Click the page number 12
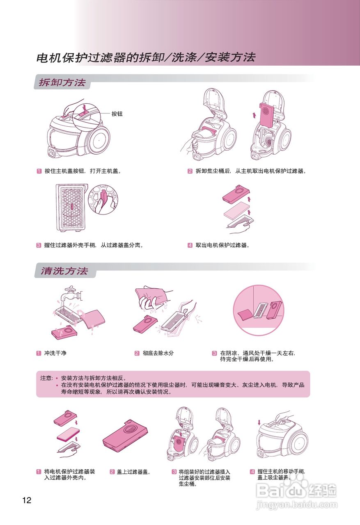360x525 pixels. coord(27,500)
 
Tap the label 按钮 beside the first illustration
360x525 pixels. coord(117,114)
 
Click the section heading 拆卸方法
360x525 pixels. coord(62,82)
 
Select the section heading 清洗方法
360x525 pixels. coord(64,271)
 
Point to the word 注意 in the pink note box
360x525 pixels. coord(46,378)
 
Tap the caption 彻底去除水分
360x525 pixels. coord(158,353)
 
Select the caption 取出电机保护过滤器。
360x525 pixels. coord(222,245)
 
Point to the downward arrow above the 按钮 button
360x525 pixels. coord(83,103)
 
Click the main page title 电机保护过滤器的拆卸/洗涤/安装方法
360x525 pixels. coord(146,57)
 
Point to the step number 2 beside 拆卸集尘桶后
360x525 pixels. coord(190,171)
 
